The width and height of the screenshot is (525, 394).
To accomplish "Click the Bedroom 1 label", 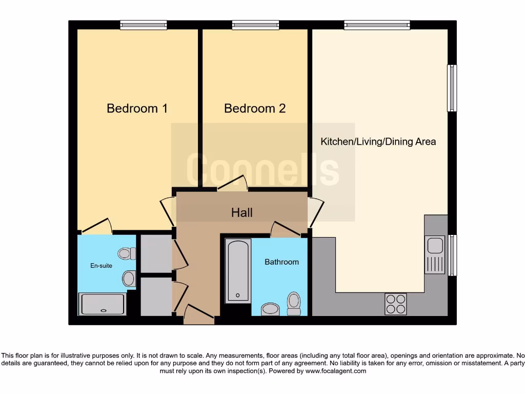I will click(137, 108).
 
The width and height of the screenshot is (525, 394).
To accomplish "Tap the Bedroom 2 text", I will click(255, 108).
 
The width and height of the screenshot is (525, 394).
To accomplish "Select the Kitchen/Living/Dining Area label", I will click(378, 142).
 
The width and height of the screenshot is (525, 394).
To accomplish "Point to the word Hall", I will click(242, 212).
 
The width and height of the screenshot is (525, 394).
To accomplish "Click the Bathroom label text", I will click(281, 262).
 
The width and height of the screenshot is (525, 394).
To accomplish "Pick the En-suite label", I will click(101, 266).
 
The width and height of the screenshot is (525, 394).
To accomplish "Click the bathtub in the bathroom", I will click(238, 271).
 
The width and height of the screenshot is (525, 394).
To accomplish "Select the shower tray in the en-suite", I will click(103, 304).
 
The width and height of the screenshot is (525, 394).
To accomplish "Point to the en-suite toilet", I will click(127, 253).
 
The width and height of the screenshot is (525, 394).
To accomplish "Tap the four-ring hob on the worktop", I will click(395, 304).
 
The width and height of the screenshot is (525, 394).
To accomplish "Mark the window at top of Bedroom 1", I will click(144, 25).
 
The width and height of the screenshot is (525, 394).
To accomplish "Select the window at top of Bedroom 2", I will click(255, 25).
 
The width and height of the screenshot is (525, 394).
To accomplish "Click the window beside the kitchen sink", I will click(452, 255).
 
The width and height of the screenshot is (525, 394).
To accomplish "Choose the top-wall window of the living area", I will click(377, 25).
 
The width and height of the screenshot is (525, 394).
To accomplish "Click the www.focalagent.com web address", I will click(336, 371).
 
